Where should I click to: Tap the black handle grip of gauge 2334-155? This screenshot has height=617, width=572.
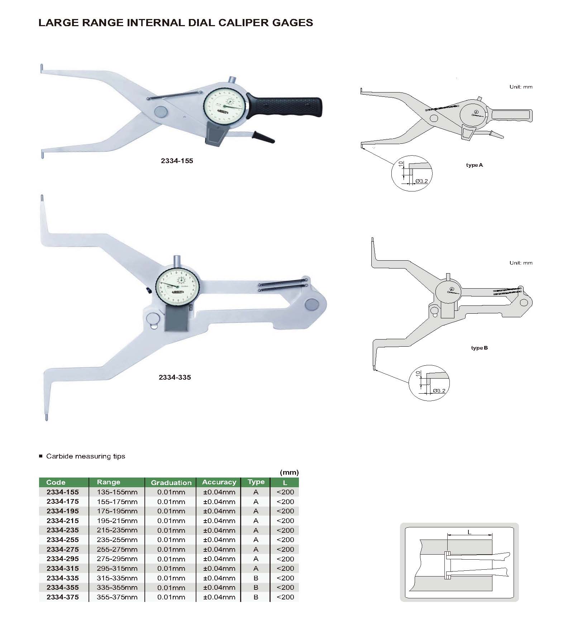pos(287,106)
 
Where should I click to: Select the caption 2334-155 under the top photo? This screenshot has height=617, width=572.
pos(177,161)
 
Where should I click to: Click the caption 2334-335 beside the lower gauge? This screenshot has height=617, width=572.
pos(175,377)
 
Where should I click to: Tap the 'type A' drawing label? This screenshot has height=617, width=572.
pos(474,165)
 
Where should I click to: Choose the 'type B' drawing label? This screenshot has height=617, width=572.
pos(479,348)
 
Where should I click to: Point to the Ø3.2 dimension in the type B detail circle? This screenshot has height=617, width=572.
pos(439,391)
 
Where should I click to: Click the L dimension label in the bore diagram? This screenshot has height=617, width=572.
pos(469,532)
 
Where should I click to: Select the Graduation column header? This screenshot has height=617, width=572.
pos(171,483)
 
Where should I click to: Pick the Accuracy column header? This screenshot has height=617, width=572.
pos(219,482)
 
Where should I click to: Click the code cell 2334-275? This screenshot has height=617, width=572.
pos(63,549)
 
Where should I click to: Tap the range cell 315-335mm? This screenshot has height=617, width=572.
pos(117,578)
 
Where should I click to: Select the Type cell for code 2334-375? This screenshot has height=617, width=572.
pos(256,597)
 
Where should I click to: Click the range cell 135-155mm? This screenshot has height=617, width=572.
pos(117,492)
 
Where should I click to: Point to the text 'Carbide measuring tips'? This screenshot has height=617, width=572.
pos(86,456)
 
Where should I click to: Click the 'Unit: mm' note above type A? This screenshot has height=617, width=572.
pos(521,87)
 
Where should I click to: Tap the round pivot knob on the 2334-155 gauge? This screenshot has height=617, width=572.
pos(161,111)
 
